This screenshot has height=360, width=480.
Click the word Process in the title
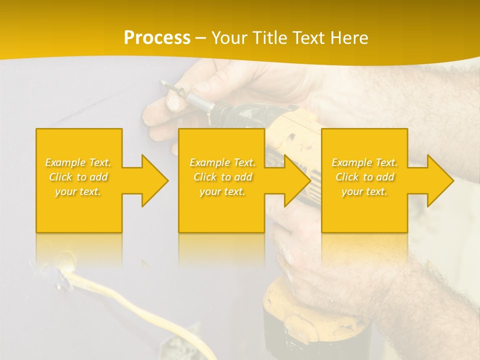click(157, 38)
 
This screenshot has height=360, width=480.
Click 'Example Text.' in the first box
click(78, 162)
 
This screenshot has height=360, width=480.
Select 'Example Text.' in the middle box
click(222, 162)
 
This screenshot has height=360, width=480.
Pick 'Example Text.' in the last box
click(364, 162)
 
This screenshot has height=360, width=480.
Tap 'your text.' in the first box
click(78, 191)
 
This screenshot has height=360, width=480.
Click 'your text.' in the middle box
click(222, 191)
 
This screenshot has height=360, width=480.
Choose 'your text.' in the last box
click(364, 191)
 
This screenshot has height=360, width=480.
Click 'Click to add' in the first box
click(78, 177)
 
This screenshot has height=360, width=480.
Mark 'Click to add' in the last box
click(364, 177)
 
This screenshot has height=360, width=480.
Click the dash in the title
click(201, 38)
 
